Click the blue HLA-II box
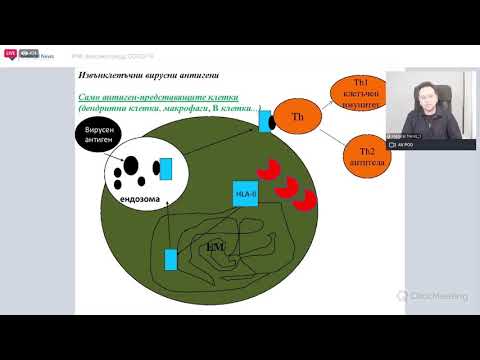click(x=246, y=193)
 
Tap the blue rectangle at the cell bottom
click(x=171, y=260)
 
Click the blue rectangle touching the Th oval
click(x=264, y=121)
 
